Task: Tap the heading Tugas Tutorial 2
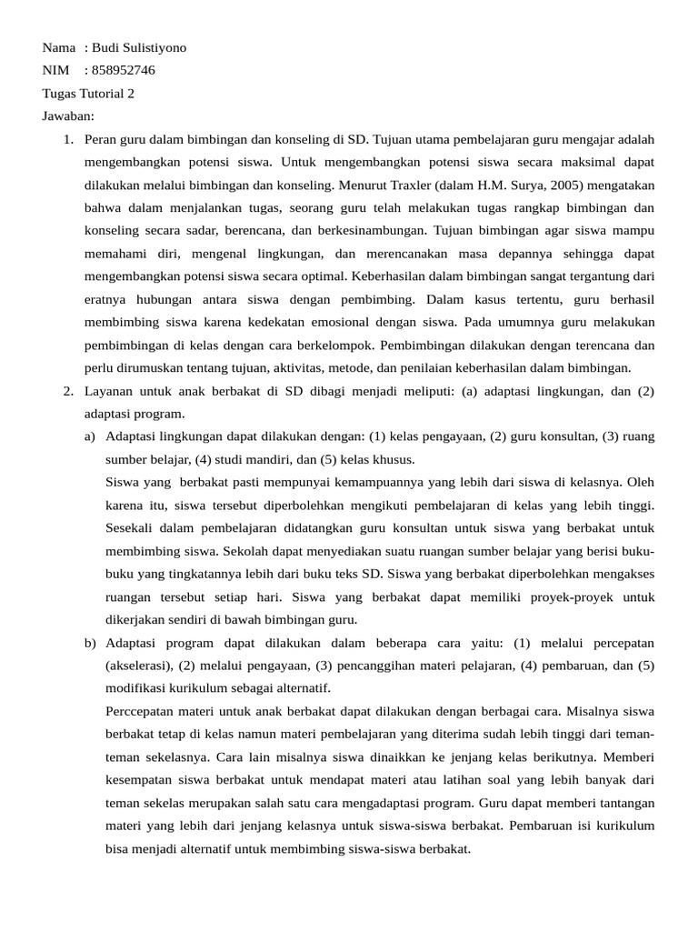click(x=88, y=94)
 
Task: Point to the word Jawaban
click(x=68, y=116)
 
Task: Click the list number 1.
click(x=67, y=140)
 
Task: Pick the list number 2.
click(x=67, y=391)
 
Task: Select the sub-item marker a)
click(x=90, y=436)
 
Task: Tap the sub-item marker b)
click(x=90, y=643)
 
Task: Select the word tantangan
click(x=622, y=804)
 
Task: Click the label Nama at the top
click(x=59, y=48)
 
